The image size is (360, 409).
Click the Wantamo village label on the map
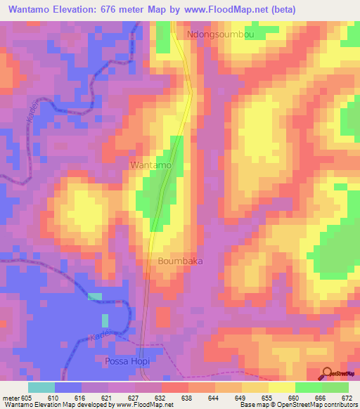pyautogui.click(x=150, y=164)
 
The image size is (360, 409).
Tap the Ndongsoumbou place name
pyautogui.click(x=219, y=33)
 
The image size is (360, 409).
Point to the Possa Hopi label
pyautogui.click(x=127, y=361)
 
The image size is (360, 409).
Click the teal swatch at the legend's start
pyautogui.click(x=41, y=387)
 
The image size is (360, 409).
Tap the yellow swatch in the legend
pyautogui.click(x=281, y=387)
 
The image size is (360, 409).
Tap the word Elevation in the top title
pyautogui.click(x=75, y=10)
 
